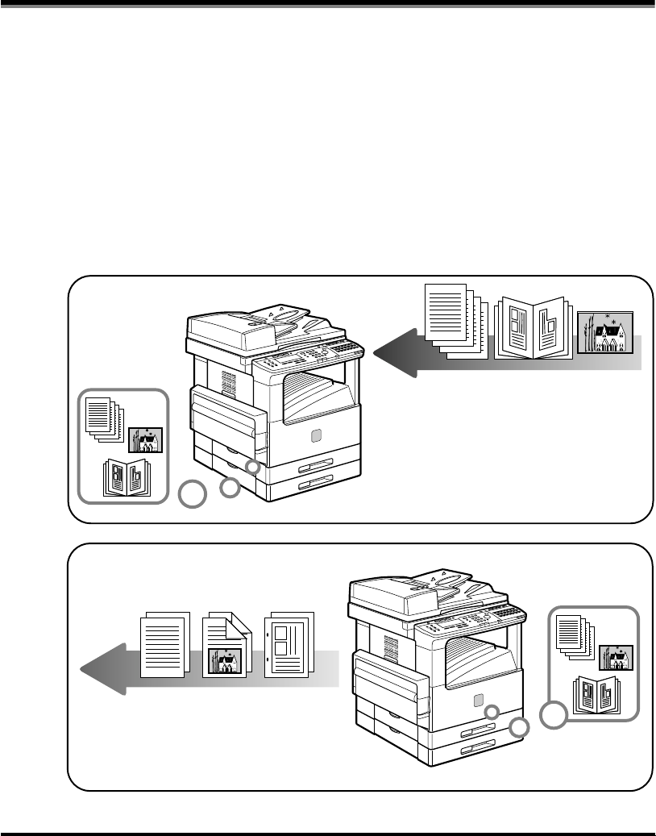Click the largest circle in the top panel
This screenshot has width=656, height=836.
[x=192, y=495]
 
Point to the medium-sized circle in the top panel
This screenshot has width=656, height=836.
[x=230, y=486]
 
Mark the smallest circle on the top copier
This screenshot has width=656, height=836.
[x=253, y=468]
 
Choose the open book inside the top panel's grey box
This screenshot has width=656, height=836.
[x=122, y=477]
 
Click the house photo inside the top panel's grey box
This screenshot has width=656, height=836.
[x=146, y=440]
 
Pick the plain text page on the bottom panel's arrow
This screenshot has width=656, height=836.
[x=165, y=645]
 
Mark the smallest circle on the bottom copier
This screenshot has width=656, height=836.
[x=492, y=712]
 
